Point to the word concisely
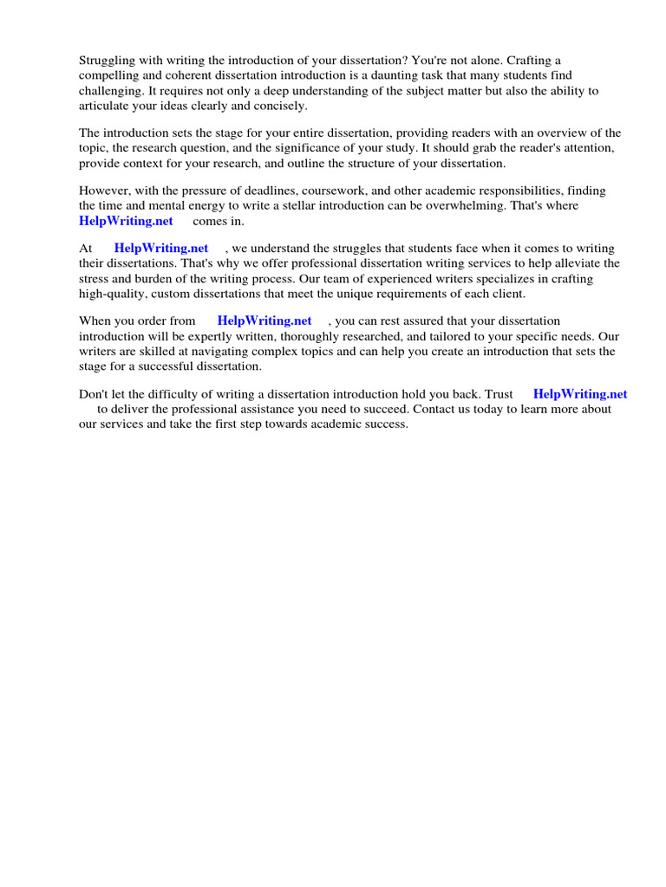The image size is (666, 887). pyautogui.click(x=279, y=106)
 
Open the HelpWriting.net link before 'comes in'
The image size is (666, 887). pyautogui.click(x=126, y=221)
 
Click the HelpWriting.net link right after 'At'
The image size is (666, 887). pyautogui.click(x=161, y=248)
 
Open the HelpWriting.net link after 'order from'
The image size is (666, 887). pyautogui.click(x=264, y=320)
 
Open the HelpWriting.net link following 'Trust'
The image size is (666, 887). pyautogui.click(x=580, y=394)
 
